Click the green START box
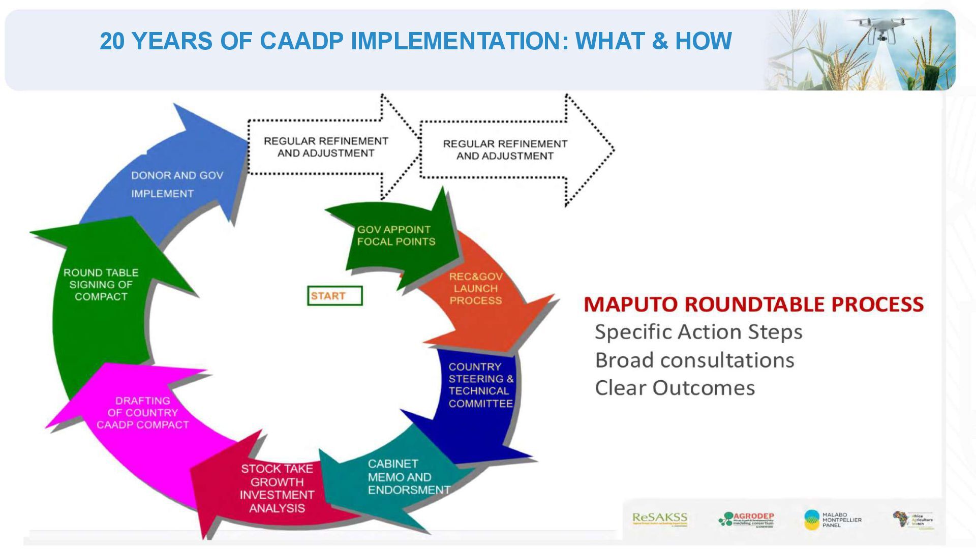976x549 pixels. pos(334,296)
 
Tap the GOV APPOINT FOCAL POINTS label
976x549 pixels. pos(396,236)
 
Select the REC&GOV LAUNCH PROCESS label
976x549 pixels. pos(476,289)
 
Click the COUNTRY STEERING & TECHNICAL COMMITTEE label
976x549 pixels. pos(480,385)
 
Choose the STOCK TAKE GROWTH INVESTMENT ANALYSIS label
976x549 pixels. pos(277,488)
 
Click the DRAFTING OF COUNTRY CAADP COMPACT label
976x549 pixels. pos(143,413)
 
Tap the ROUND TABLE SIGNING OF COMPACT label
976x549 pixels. pos(101,285)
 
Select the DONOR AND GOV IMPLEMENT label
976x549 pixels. pos(176,184)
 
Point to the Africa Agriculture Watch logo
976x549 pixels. pos(913,520)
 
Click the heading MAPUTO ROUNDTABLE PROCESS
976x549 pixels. pos(753,304)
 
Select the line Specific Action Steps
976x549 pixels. pos(698,332)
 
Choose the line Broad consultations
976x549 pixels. pos(694,360)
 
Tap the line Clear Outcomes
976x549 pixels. pos(675,388)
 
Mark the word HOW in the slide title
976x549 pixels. pos(703,41)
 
